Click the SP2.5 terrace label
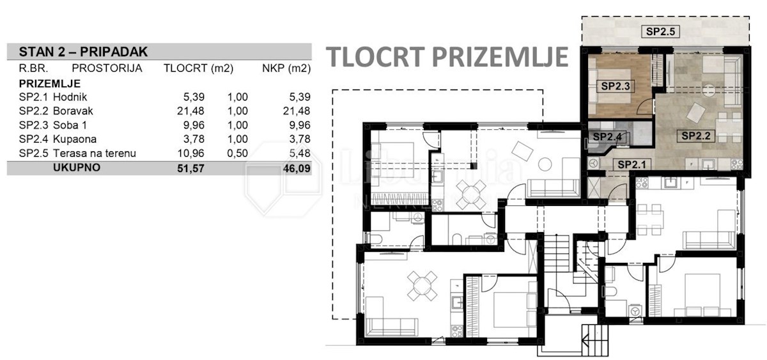click(x=660, y=31)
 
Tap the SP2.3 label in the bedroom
click(x=616, y=86)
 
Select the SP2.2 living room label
click(x=696, y=136)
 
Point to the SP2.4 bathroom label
click(x=607, y=137)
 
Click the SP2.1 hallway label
click(x=631, y=165)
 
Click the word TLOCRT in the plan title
click(x=375, y=57)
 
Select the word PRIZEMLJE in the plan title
click(x=500, y=57)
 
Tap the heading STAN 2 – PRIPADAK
click(x=83, y=52)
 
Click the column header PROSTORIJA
click(x=107, y=68)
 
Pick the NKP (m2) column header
click(x=286, y=68)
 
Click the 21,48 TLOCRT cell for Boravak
click(x=190, y=111)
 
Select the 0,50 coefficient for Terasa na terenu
click(x=237, y=153)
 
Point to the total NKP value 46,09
click(x=297, y=168)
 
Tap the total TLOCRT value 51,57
click(x=190, y=168)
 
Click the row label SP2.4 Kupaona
click(x=58, y=139)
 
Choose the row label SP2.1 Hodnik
click(x=52, y=97)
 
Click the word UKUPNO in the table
click(x=77, y=168)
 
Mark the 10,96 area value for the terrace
click(x=190, y=153)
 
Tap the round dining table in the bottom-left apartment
click(x=422, y=286)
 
